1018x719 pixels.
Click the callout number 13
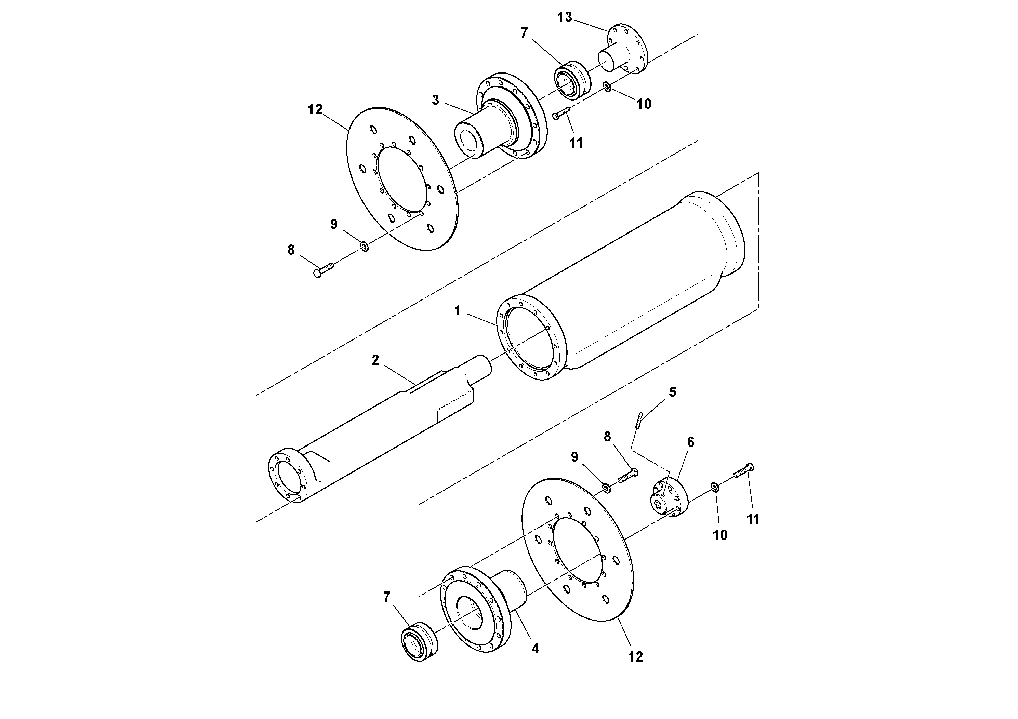click(565, 18)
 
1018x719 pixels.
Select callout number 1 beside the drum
click(458, 311)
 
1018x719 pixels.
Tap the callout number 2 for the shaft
click(375, 360)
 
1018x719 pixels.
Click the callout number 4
click(535, 649)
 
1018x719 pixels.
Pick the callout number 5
click(673, 392)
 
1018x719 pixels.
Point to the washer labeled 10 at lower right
click(714, 487)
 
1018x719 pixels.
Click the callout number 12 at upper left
click(315, 109)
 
